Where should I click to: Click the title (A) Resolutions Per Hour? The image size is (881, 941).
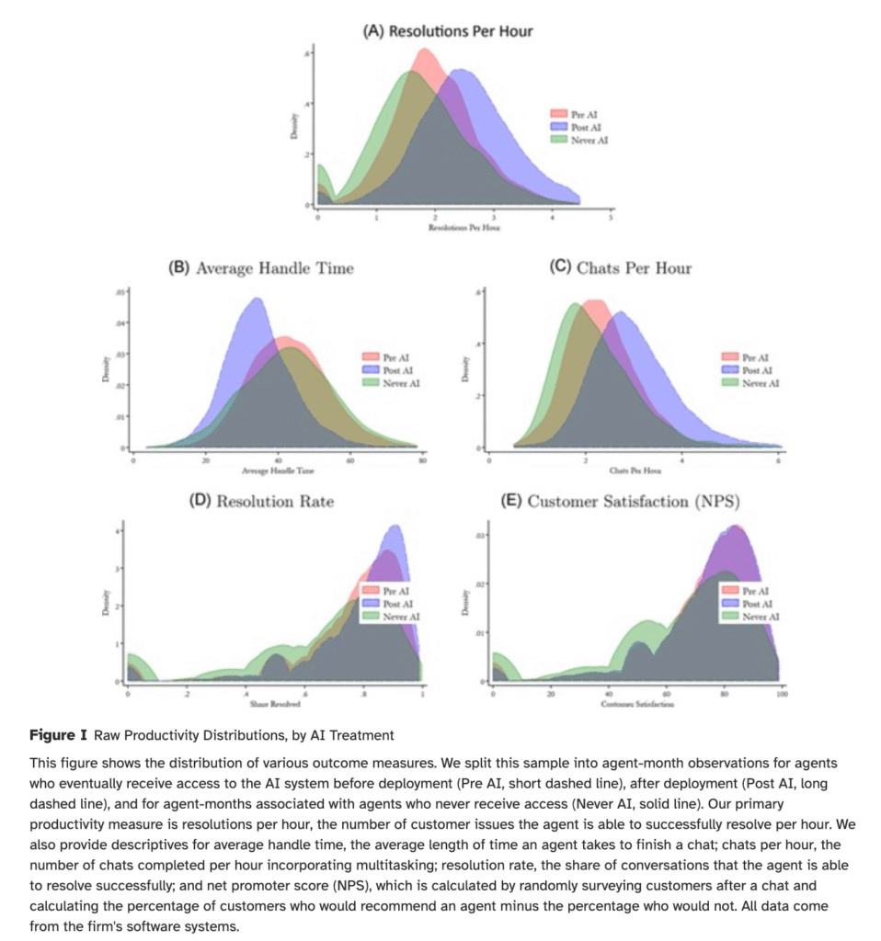[x=448, y=30]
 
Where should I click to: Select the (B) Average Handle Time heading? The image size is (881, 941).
[x=260, y=268]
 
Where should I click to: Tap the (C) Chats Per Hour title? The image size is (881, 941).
[x=620, y=268]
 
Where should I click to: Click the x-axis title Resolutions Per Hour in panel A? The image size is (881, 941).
[x=463, y=226]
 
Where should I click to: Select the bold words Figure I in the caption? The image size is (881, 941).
[x=57, y=736]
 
